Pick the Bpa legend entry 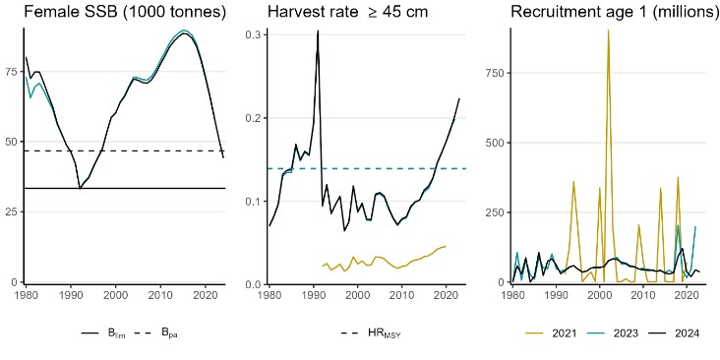159,333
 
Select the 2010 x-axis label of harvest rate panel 402,295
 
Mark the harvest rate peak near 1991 318,31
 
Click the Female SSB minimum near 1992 80,188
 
